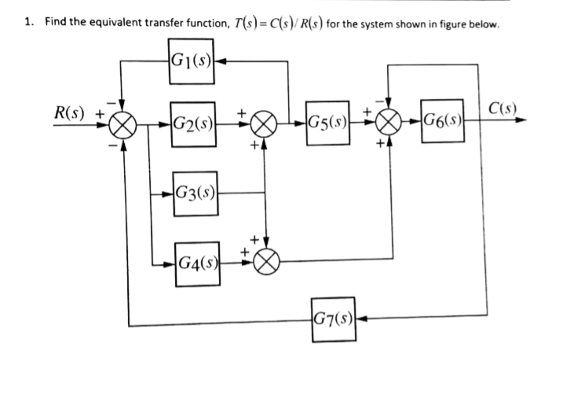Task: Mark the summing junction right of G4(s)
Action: click(x=266, y=259)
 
